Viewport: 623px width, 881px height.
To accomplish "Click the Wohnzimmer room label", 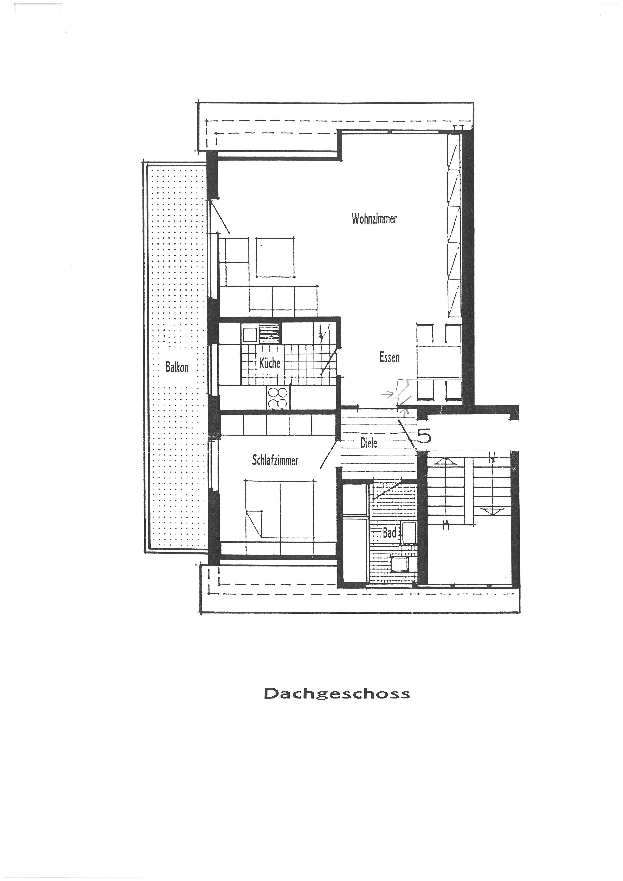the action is (x=374, y=219).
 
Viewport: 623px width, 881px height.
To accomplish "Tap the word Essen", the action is (x=389, y=358).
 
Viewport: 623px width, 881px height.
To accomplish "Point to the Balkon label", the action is (x=177, y=368).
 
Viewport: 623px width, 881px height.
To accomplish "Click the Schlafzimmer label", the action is (x=275, y=460).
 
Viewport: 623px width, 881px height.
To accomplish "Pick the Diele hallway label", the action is (x=369, y=443).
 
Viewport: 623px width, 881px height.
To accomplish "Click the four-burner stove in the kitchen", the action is (x=278, y=397).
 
